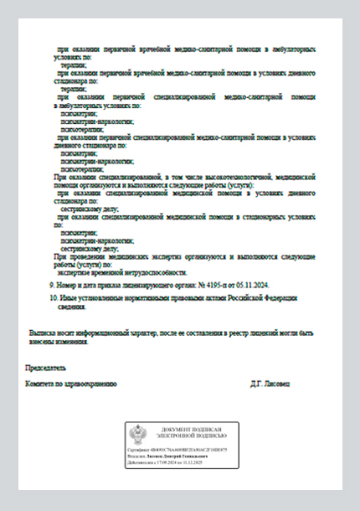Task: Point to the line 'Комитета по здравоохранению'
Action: point(72,384)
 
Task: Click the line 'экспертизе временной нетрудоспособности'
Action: point(122,273)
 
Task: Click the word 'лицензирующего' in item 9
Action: point(141,285)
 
